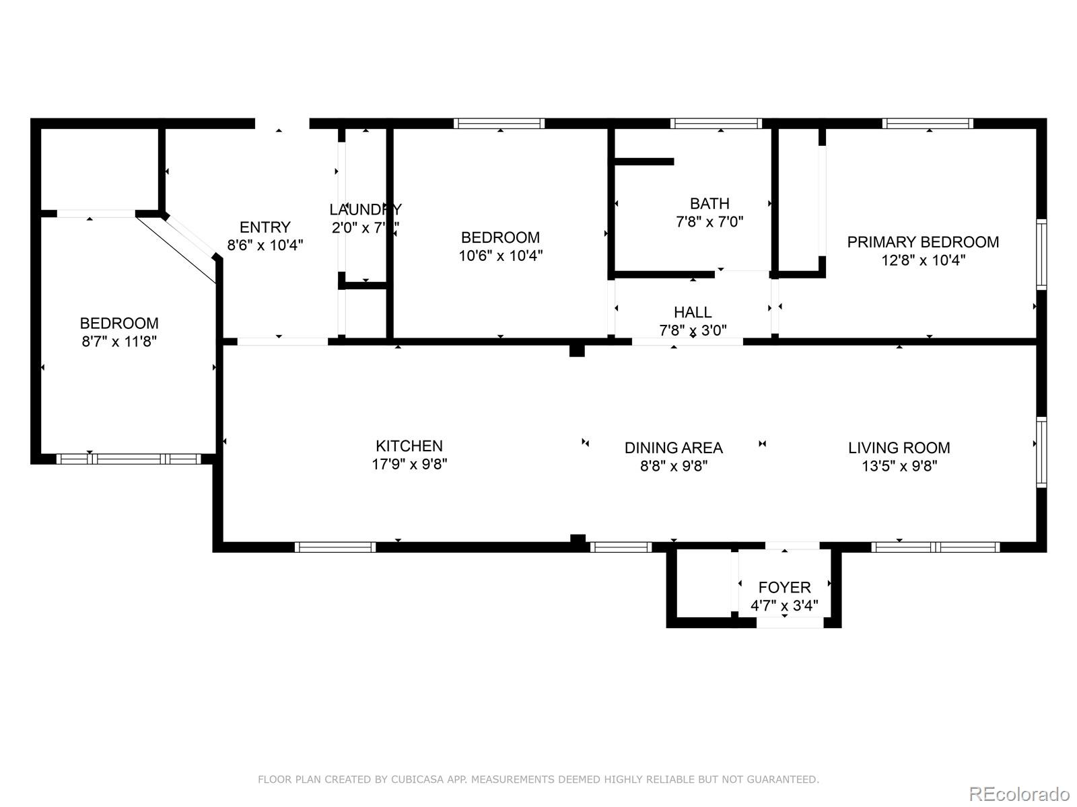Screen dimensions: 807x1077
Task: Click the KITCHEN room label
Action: tap(409, 446)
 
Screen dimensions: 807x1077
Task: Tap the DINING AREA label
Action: tap(673, 448)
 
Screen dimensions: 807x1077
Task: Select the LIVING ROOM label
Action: tap(899, 448)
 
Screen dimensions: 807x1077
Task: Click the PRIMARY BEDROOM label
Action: tap(923, 242)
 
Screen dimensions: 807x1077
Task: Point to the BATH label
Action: tap(709, 203)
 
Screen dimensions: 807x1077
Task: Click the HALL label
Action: tap(693, 312)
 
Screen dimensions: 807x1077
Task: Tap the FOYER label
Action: tap(784, 587)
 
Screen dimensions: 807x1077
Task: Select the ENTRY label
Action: tap(265, 227)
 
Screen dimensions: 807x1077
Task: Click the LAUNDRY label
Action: tap(365, 209)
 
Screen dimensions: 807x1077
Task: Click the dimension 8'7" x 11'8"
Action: tap(119, 342)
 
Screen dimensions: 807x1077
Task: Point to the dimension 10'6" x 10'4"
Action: tap(500, 256)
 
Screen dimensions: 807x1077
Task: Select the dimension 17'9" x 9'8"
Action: tap(409, 464)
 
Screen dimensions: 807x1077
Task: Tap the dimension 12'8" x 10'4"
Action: tap(923, 260)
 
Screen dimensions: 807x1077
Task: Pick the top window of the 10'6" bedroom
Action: tap(499, 123)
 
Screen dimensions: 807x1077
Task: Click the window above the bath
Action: tap(716, 123)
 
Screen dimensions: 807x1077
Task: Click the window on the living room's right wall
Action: tap(1041, 452)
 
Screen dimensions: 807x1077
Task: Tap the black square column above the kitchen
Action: tap(577, 350)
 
